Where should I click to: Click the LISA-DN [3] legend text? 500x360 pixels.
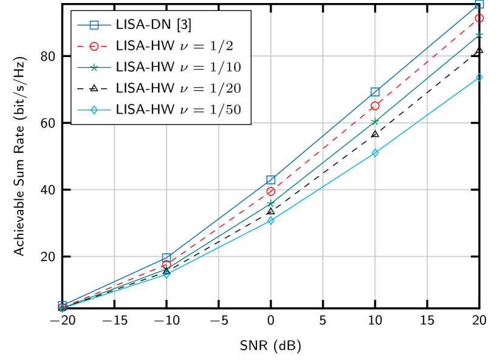(x=153, y=25)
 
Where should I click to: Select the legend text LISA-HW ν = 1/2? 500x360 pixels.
(x=174, y=46)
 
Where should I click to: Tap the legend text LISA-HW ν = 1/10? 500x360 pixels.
(x=178, y=67)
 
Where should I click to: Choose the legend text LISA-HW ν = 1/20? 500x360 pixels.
(x=178, y=88)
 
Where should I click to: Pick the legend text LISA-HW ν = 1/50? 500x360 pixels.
(x=178, y=109)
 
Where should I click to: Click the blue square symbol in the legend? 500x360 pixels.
(x=94, y=25)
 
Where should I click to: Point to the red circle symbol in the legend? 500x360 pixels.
(x=94, y=46)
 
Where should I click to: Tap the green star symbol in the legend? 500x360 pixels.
(x=94, y=67)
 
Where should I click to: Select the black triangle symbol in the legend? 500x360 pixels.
(x=94, y=88)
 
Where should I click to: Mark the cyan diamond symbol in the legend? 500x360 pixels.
(x=94, y=109)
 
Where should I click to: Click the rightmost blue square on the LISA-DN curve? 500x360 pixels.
(x=479, y=4)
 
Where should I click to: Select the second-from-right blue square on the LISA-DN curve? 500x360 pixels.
(x=375, y=92)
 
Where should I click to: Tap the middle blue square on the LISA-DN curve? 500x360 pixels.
(x=271, y=180)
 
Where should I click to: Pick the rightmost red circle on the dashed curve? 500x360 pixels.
(x=479, y=18)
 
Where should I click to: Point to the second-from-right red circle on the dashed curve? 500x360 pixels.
(x=375, y=106)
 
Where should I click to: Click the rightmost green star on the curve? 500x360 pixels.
(x=479, y=35)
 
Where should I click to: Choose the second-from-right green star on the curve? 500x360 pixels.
(x=375, y=122)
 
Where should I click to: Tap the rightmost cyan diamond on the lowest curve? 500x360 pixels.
(x=479, y=77)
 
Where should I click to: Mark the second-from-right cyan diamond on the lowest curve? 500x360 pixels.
(x=375, y=153)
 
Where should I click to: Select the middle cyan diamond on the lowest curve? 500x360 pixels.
(x=271, y=220)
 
